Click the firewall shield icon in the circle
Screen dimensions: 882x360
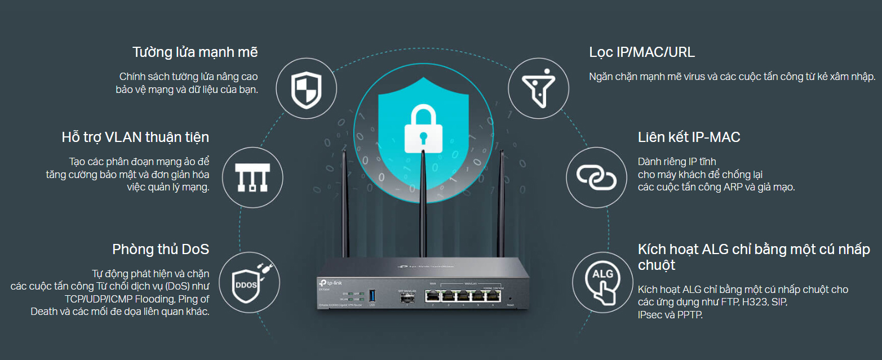[305, 90]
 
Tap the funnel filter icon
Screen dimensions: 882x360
[535, 90]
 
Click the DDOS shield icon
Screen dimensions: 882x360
[245, 284]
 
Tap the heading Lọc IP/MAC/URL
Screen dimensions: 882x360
[642, 52]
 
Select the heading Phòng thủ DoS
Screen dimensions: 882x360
[161, 249]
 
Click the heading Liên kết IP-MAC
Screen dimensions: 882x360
[689, 137]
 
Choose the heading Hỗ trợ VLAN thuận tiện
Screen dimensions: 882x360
[135, 137]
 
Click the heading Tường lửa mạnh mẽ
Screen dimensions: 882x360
[195, 52]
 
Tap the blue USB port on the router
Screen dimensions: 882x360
[372, 295]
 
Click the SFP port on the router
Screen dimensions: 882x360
[406, 299]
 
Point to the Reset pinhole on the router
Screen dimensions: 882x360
[510, 298]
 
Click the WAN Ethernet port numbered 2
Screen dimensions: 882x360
[432, 296]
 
